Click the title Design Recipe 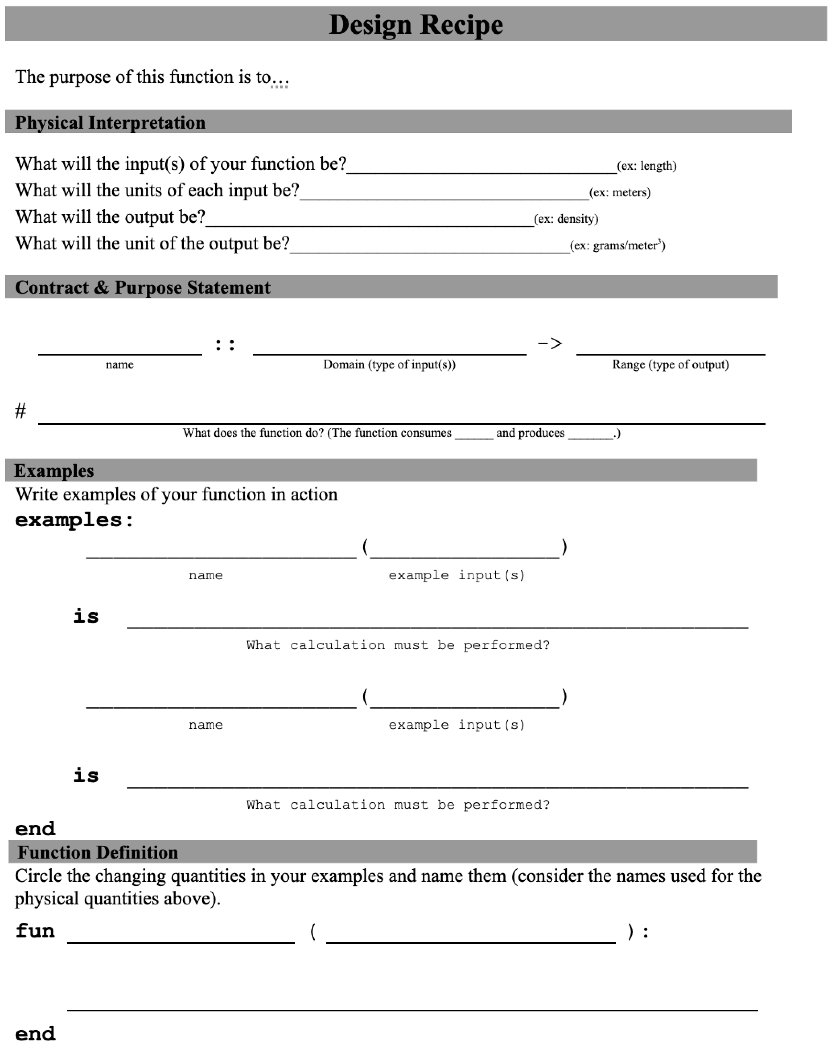point(416,24)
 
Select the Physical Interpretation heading point(110,122)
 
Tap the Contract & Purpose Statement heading point(143,287)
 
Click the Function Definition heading point(98,852)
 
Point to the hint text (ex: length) point(646,166)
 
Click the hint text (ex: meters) point(620,193)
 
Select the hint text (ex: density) point(566,219)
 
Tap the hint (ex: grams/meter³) point(617,245)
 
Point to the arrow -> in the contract point(550,344)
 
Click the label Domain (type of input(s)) point(389,364)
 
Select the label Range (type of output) point(670,364)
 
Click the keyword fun point(35,931)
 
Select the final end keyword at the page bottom point(35,1033)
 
